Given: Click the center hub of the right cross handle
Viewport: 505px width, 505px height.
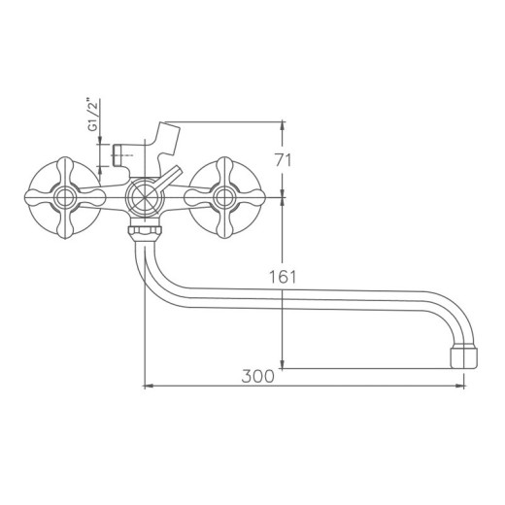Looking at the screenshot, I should point(224,198).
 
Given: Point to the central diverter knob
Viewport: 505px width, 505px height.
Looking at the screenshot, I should point(143,198).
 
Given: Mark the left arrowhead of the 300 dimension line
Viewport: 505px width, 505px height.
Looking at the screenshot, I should point(148,387).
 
